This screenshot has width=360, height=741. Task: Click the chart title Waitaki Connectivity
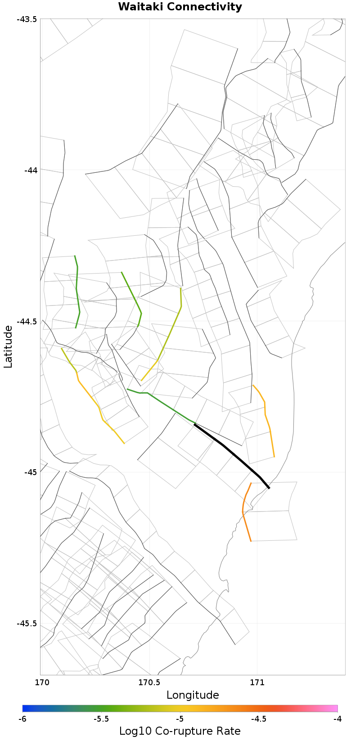[180, 7]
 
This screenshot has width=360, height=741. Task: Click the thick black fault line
[234, 456]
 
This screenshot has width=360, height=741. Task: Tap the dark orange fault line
[244, 513]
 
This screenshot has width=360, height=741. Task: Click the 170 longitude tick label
[40, 682]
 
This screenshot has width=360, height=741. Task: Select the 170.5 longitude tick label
[149, 682]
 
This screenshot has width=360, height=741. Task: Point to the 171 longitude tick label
[257, 682]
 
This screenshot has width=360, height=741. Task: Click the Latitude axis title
[8, 347]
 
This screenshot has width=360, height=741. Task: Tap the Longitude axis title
[193, 695]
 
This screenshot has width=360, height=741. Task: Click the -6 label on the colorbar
[22, 719]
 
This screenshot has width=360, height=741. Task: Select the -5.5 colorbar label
[101, 719]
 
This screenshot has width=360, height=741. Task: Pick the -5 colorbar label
[180, 719]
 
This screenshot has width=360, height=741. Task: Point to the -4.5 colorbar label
[259, 719]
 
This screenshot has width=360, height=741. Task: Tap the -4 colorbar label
[337, 719]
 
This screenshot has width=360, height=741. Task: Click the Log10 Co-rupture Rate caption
[180, 731]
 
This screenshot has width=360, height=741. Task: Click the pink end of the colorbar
[333, 708]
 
